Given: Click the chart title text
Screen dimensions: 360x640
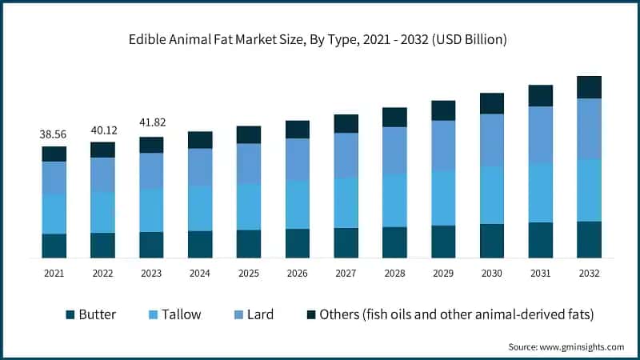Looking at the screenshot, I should click(x=320, y=38).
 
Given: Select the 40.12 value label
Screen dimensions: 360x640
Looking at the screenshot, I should click(x=102, y=130).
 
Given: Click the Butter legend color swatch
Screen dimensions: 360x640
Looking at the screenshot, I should click(x=69, y=314).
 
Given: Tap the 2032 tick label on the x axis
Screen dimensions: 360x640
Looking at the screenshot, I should click(x=589, y=274).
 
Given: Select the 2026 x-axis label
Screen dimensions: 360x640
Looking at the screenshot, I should click(x=298, y=274).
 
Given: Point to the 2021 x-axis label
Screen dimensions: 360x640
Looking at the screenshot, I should click(x=54, y=274).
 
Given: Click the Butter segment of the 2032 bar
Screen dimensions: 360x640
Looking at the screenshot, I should click(x=589, y=239).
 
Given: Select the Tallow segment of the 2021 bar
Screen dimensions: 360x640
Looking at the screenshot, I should click(x=54, y=214).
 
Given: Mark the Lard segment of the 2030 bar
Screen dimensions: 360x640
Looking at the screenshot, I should click(x=492, y=140).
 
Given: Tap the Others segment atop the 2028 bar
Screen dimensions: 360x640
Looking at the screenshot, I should click(x=394, y=117).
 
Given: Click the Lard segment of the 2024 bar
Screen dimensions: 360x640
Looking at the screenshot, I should click(x=200, y=166).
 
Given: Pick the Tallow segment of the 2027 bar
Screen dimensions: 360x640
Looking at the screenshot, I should click(x=346, y=202).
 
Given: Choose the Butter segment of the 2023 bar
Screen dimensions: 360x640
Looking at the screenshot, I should click(x=151, y=245).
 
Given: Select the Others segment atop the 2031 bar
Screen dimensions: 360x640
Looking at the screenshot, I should click(x=541, y=95).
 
